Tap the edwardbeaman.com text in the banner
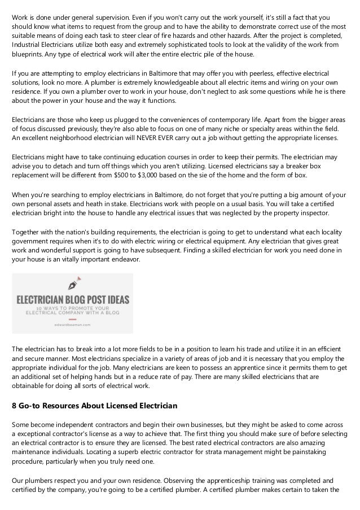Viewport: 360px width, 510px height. click(x=72, y=325)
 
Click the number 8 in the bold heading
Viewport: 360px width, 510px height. click(x=15, y=406)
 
